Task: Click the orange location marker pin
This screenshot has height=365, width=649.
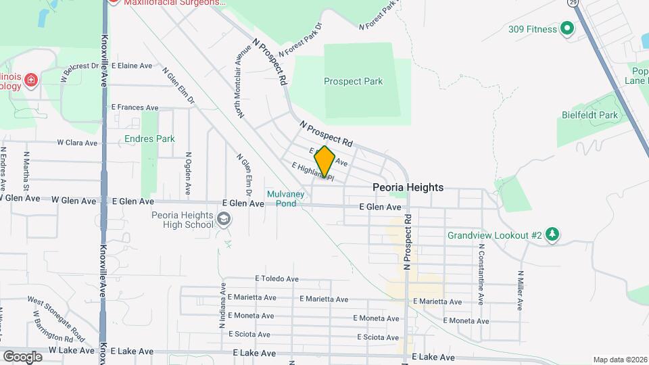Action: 325,161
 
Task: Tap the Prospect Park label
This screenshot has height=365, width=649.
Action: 353,82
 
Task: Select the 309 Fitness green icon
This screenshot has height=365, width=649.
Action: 567,29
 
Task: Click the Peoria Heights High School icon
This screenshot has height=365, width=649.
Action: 224,220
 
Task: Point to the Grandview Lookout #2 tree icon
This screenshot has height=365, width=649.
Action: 554,235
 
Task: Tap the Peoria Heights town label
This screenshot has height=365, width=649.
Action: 408,187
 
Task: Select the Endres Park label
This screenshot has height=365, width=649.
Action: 150,139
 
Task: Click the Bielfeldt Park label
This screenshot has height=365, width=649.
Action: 590,115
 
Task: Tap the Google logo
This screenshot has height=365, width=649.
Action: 22,356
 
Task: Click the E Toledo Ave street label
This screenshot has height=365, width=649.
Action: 277,278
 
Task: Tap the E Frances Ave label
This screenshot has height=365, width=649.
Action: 135,107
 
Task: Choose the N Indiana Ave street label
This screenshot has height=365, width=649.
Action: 222,305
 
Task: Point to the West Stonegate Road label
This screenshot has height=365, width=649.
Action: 57,308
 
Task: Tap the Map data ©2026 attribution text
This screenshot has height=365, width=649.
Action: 619,360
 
